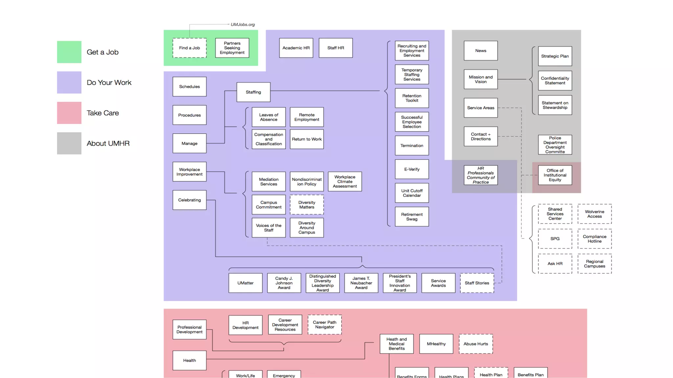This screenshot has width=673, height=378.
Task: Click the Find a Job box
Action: coord(190,48)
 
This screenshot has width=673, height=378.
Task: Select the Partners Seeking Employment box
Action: coord(232,48)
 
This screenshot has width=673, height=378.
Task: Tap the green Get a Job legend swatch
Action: coord(69,52)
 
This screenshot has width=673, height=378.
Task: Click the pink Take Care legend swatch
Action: coord(69,113)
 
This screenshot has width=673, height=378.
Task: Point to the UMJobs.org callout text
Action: coord(243,25)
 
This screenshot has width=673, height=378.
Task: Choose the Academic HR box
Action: coord(296,48)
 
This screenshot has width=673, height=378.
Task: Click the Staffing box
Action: coord(253,92)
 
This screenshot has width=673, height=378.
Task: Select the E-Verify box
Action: coord(412,169)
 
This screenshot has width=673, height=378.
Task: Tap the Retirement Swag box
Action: coord(412,217)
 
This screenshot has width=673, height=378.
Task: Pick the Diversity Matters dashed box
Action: coord(307,205)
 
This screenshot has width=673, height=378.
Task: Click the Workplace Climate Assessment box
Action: coord(345,181)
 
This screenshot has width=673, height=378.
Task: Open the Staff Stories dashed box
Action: coord(477,283)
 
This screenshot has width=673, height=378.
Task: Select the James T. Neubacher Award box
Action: coord(361,283)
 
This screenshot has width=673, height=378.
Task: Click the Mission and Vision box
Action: coord(480,79)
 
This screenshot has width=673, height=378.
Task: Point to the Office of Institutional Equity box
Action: coord(555,175)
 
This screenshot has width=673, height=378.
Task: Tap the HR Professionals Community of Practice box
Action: coord(480,175)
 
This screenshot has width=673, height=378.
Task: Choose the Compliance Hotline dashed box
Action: coord(594,239)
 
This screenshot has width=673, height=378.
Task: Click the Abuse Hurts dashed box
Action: coord(476,344)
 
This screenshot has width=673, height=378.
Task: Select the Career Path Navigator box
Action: coord(324,325)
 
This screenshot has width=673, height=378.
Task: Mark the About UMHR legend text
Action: coord(108,143)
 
